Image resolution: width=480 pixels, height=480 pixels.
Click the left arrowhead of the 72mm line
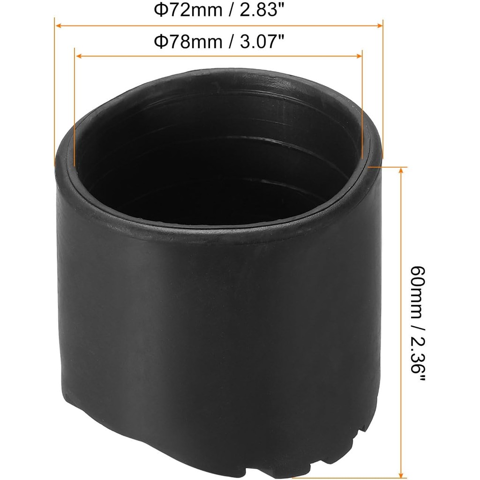(58, 26)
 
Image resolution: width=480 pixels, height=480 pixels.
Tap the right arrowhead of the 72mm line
(380, 26)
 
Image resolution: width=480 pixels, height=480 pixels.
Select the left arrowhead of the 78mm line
(78, 56)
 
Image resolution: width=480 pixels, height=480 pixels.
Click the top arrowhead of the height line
(400, 170)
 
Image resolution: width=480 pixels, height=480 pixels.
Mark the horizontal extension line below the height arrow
(347, 478)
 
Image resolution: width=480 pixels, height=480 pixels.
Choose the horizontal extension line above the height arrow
(389, 166)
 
